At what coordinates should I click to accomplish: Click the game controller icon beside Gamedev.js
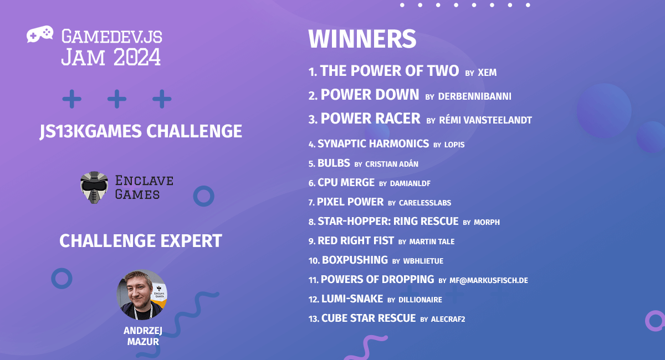[x=40, y=34]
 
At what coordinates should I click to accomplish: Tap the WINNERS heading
[x=362, y=39]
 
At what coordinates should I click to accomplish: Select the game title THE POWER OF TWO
[x=389, y=71]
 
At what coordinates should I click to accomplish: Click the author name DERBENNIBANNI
[x=474, y=96]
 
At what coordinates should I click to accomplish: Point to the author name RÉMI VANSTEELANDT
[x=485, y=120]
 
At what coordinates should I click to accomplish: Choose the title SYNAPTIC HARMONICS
[x=373, y=144]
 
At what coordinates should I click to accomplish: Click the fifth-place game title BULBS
[x=334, y=163]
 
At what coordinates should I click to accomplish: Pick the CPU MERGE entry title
[x=346, y=183]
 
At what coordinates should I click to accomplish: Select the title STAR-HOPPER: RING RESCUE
[x=388, y=222]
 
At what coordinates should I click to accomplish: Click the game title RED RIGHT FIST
[x=356, y=241]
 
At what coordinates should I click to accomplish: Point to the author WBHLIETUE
[x=423, y=261]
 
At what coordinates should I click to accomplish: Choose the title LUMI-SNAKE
[x=352, y=299]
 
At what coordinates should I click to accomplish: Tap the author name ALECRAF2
[x=448, y=319]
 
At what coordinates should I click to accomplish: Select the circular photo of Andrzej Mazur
[x=141, y=295]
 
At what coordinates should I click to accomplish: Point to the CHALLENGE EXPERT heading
[x=141, y=241]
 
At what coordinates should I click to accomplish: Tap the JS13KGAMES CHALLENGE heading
[x=141, y=131]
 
